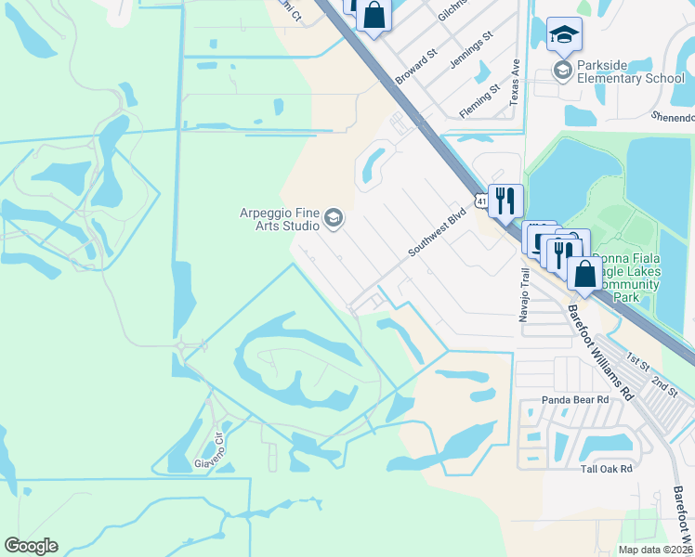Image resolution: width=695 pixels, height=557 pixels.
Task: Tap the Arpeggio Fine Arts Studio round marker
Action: click(x=334, y=219)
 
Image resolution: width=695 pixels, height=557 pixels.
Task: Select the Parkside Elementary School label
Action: click(x=629, y=71)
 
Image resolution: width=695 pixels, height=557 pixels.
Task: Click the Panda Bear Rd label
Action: click(x=575, y=399)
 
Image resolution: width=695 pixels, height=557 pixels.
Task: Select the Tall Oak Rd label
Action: click(x=606, y=469)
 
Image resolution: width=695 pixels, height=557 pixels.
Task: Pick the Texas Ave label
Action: click(x=514, y=83)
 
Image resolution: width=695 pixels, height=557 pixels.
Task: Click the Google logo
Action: click(x=31, y=546)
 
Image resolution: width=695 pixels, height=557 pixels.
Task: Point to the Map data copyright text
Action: click(x=654, y=550)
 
